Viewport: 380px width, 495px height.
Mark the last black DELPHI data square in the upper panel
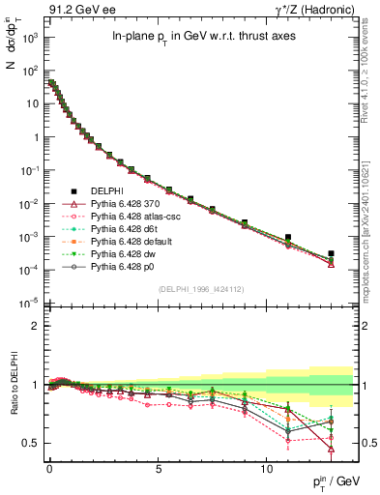(x=331, y=253)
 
